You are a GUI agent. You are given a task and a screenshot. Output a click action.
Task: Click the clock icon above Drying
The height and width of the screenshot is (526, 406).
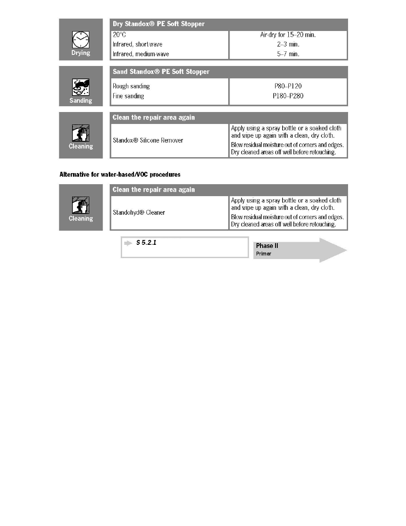80,41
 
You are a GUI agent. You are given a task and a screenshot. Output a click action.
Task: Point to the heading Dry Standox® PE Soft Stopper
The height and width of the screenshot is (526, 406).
159,24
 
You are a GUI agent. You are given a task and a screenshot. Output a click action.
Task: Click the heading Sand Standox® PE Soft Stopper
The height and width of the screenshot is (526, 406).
161,72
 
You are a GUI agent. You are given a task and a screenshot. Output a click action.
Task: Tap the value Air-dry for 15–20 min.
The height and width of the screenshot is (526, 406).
288,34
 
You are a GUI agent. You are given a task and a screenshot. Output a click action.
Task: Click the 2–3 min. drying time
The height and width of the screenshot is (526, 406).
288,44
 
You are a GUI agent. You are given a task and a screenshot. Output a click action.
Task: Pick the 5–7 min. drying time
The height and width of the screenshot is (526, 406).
288,54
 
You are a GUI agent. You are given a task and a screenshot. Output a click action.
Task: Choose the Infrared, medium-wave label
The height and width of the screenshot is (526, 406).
141,54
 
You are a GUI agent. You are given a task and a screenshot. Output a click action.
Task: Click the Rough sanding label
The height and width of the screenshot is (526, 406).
131,86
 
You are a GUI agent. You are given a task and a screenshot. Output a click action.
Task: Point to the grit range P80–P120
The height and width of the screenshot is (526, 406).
288,86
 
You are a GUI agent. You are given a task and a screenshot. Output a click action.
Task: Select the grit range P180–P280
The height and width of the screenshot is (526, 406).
288,96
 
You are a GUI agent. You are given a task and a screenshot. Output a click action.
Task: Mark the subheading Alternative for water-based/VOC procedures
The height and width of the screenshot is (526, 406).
120,174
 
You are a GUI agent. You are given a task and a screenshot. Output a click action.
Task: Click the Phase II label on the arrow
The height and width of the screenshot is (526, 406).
267,246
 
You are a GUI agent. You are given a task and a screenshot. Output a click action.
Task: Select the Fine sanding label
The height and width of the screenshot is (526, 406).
128,96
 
